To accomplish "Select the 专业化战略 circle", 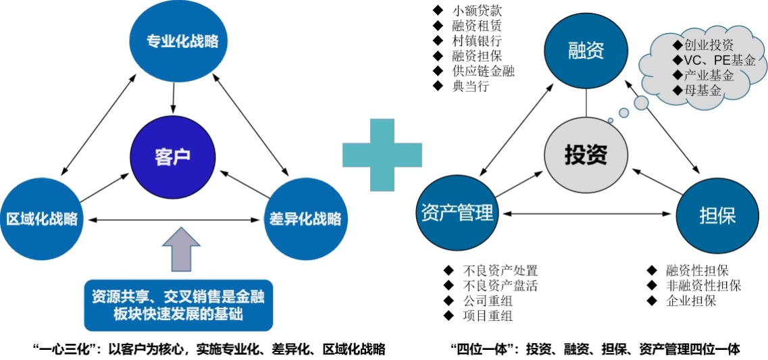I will pyautogui.click(x=182, y=42).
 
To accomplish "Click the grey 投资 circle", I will pyautogui.click(x=586, y=155).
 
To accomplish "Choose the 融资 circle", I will pyautogui.click(x=586, y=50).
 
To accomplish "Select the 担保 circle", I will pyautogui.click(x=716, y=216).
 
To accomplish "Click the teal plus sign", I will pyautogui.click(x=382, y=155).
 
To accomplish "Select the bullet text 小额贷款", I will pyautogui.click(x=477, y=11).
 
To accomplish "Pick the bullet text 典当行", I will pyautogui.click(x=470, y=86).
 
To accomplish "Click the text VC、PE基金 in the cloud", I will pyautogui.click(x=715, y=61).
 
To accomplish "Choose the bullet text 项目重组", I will pyautogui.click(x=483, y=315).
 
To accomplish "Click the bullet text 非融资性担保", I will pyautogui.click(x=702, y=286).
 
